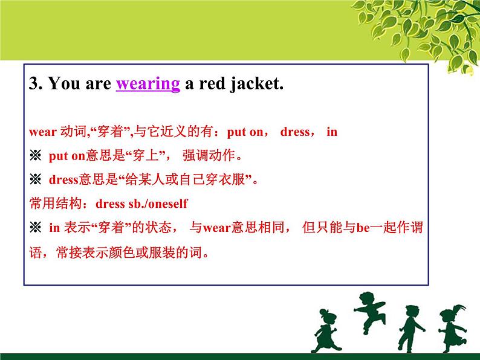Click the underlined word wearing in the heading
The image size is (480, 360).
(x=148, y=85)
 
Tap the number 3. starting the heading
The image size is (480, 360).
(x=36, y=85)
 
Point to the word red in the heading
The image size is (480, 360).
(x=209, y=85)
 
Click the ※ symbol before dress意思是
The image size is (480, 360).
(x=34, y=179)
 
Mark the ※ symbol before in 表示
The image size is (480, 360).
(x=34, y=228)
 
